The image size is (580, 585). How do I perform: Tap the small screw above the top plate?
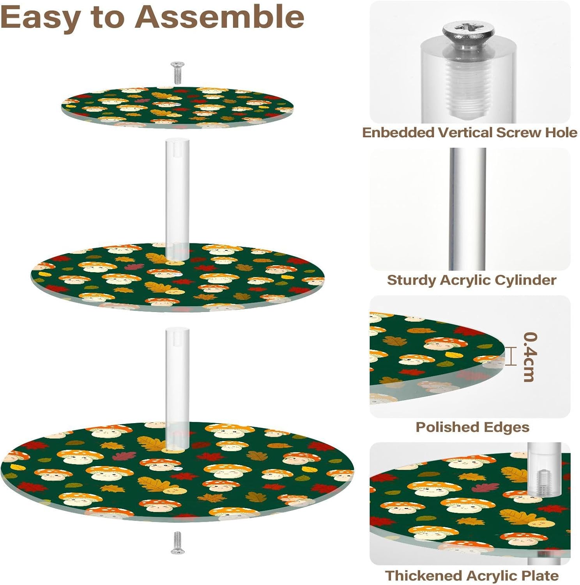[x=177, y=73]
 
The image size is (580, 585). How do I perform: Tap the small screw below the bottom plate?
[x=177, y=542]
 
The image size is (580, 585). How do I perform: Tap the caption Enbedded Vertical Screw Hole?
[x=470, y=133]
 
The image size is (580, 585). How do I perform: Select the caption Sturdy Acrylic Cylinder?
[x=471, y=280]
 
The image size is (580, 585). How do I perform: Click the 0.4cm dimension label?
[x=530, y=357]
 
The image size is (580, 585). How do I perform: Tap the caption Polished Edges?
[x=472, y=427]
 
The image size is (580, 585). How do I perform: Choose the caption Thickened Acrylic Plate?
[x=472, y=576]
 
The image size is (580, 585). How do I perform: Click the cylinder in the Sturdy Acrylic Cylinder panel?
[x=467, y=209]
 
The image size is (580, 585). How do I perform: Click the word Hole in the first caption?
[x=561, y=133]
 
